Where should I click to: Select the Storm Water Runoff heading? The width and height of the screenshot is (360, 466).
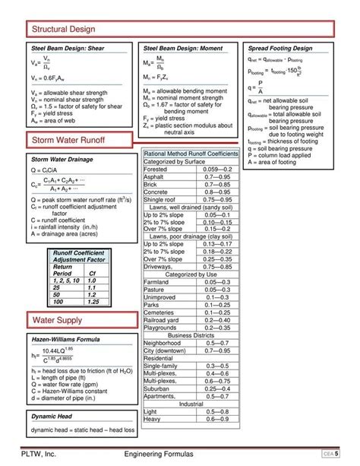click(68, 141)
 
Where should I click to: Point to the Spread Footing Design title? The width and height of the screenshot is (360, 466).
click(280, 48)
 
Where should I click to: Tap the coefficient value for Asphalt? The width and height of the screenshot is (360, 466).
click(216, 176)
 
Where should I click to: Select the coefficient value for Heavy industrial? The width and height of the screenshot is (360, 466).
click(216, 418)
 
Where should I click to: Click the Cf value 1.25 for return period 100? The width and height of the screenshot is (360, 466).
click(93, 301)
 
